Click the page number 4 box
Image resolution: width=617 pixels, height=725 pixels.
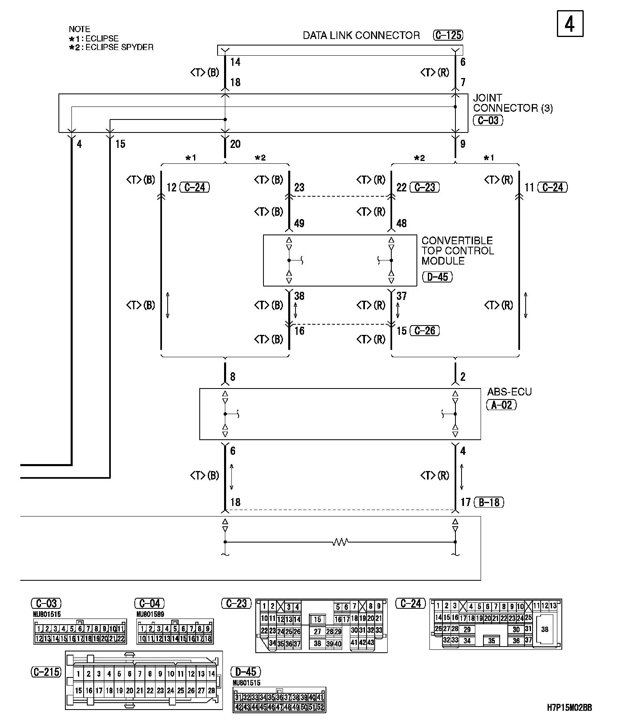[570, 24]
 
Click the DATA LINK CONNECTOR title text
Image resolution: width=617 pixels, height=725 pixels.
[361, 35]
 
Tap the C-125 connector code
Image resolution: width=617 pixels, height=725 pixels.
[448, 35]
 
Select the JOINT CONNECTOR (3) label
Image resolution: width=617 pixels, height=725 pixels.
[512, 103]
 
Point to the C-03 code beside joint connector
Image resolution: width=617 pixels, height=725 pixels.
[488, 120]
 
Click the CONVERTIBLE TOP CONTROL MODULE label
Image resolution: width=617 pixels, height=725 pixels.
[457, 250]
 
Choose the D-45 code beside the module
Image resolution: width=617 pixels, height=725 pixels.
[437, 277]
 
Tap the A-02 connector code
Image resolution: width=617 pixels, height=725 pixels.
[501, 405]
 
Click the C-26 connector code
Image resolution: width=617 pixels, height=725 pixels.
[425, 331]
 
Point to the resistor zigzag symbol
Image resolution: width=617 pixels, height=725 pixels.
[340, 542]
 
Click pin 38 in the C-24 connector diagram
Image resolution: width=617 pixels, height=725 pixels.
[544, 629]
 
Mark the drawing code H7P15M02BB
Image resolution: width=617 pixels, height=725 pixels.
[569, 708]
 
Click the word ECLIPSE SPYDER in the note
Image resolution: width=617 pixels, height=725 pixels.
[119, 47]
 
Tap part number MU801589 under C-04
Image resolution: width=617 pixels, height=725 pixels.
[150, 614]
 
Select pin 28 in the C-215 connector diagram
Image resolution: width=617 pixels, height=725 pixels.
[211, 690]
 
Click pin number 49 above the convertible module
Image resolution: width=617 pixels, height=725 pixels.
[299, 223]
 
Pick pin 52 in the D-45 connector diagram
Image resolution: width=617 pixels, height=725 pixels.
[321, 707]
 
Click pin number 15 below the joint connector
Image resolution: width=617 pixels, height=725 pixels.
[120, 144]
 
